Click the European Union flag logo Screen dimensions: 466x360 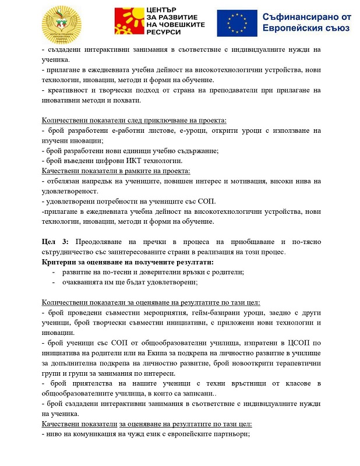pos(238,23)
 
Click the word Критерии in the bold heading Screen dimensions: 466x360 pos(59,262)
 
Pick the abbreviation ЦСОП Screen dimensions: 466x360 pos(292,343)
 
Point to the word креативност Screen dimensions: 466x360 pos(68,90)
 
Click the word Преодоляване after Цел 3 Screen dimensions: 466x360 pos(103,241)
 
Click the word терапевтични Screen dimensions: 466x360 pos(295,363)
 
